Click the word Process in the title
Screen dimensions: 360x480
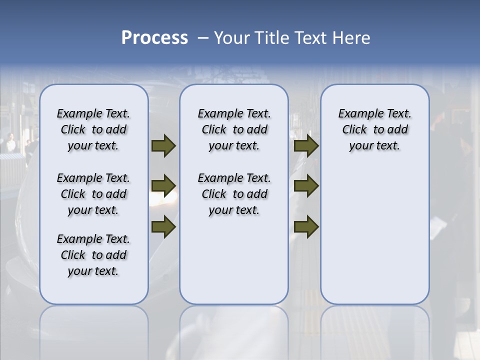[x=154, y=38]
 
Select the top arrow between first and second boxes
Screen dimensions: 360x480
[x=163, y=145]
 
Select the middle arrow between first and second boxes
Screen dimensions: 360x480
[x=163, y=186]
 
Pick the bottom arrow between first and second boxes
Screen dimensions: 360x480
[x=163, y=226]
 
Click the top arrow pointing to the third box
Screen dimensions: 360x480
[x=306, y=145]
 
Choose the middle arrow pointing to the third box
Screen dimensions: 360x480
[x=306, y=186]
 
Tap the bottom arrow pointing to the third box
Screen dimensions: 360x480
[x=306, y=226]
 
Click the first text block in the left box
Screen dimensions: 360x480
[x=93, y=129]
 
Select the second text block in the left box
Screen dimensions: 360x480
[x=93, y=194]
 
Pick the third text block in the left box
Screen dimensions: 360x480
[x=93, y=255]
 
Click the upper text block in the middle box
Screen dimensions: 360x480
[x=234, y=129]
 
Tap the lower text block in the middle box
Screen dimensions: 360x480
[x=234, y=194]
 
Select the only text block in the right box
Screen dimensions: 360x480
[x=375, y=129]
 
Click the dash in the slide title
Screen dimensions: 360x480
[x=203, y=38]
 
